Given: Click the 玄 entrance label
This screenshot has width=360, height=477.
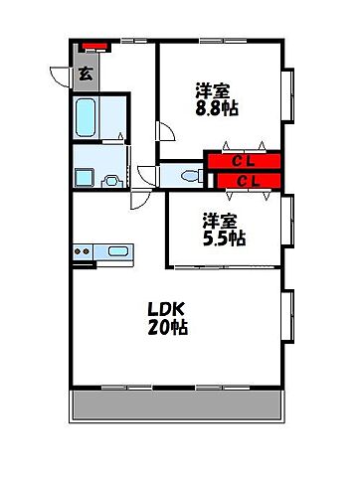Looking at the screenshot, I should click(x=86, y=73).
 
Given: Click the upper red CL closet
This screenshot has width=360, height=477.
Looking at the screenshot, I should click(x=243, y=160).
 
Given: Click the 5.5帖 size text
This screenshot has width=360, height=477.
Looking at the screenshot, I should click(x=224, y=238).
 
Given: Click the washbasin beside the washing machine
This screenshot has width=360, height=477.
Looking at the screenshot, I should click(x=112, y=180).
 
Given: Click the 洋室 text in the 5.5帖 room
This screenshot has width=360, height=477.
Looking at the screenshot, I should click(x=221, y=220).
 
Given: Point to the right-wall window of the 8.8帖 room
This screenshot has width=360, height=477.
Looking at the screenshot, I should click(x=290, y=96).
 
